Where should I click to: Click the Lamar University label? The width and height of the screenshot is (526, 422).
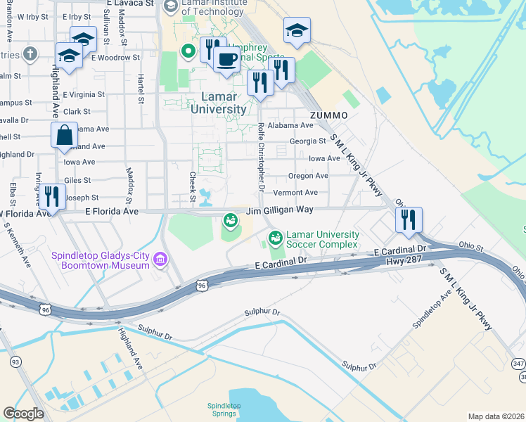(218, 103)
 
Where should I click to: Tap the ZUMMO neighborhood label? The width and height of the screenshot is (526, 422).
(328, 115)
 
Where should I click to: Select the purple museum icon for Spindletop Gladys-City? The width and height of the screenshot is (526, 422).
(160, 261)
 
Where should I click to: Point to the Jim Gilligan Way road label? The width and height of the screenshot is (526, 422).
(279, 210)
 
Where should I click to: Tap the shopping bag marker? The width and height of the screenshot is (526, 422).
(64, 134)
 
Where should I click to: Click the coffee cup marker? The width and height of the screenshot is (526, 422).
(226, 59)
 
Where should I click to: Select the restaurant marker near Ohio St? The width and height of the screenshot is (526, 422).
(409, 219)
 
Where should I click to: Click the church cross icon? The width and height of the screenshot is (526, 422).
(30, 53)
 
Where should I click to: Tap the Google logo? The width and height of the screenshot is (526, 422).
(23, 414)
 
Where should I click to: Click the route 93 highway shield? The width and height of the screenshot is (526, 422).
(14, 362)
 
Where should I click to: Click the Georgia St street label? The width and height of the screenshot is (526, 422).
(307, 141)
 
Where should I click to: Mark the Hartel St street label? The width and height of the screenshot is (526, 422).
(141, 89)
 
